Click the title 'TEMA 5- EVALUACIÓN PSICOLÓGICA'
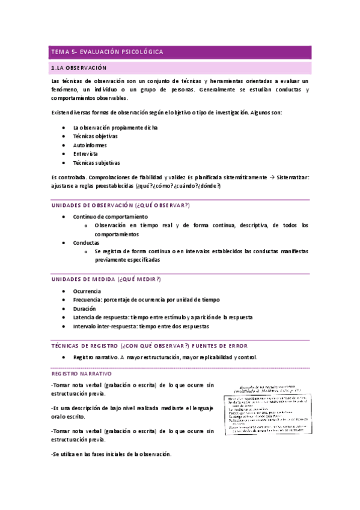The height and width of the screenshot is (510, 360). (107, 52)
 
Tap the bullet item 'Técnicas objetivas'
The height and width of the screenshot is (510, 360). (95, 137)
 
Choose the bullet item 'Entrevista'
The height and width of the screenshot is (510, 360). (85, 154)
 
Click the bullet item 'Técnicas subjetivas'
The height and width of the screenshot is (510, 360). (96, 162)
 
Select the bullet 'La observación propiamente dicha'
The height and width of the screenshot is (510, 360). (115, 127)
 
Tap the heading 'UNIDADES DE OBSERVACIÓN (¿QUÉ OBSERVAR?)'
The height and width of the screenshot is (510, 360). (120, 206)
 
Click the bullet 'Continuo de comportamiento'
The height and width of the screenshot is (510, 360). (110, 217)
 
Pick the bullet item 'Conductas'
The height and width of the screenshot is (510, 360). (86, 242)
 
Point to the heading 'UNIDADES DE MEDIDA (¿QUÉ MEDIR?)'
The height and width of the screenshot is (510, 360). (105, 280)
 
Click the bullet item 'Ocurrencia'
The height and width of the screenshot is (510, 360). (87, 291)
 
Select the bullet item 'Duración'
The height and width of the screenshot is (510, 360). (84, 308)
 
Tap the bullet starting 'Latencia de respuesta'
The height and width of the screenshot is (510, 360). (162, 317)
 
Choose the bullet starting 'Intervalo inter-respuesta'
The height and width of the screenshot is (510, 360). (141, 326)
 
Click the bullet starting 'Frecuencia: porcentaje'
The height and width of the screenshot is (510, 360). (146, 300)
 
